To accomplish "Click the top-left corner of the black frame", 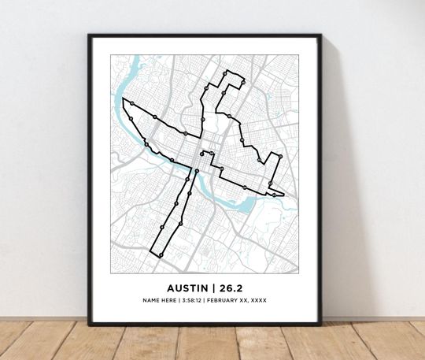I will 90,35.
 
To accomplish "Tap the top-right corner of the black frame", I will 320,35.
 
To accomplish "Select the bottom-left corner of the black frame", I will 90,323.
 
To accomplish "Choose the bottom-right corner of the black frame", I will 320,323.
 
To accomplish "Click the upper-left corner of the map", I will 110,54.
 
